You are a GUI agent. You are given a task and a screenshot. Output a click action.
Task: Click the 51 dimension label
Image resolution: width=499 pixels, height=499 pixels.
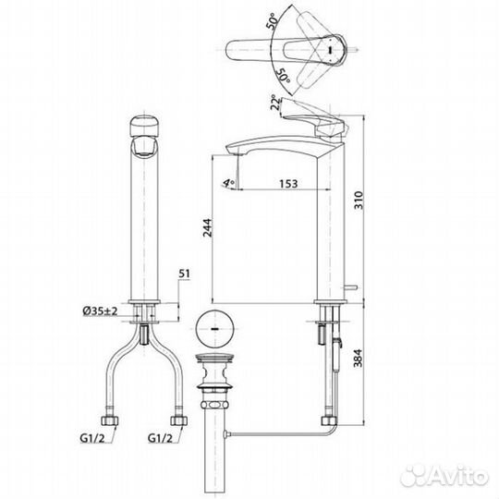point(183,273)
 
